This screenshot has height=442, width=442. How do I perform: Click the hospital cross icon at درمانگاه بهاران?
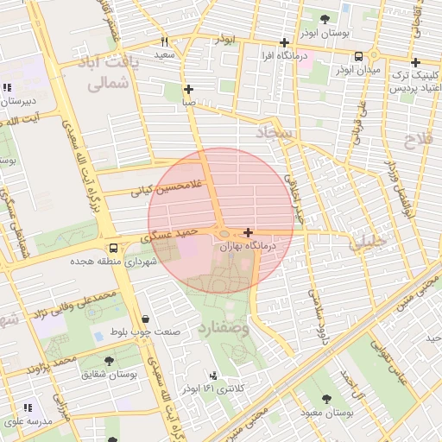click(249, 232)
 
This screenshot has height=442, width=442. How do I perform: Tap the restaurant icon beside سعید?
click(164, 41)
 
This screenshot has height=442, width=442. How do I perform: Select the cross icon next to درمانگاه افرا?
click(284, 42)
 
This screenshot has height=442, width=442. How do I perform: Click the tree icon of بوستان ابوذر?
click(325, 19)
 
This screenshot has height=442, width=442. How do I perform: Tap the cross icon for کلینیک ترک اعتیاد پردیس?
click(415, 62)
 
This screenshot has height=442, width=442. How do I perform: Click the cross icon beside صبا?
click(189, 89)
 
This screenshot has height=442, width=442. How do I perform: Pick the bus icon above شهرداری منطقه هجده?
click(114, 247)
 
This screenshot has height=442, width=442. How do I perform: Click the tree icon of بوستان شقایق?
click(109, 361)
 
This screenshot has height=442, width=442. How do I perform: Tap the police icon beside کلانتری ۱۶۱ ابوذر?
click(212, 376)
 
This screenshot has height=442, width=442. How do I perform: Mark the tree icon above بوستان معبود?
click(326, 398)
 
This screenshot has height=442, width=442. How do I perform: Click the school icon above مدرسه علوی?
click(28, 407)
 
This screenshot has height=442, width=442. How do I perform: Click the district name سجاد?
click(275, 133)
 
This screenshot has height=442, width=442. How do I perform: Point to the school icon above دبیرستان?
click(7, 86)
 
